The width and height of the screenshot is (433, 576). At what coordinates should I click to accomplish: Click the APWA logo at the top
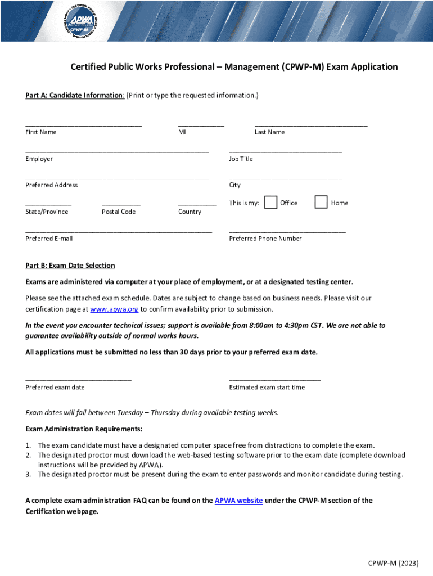(x=89, y=24)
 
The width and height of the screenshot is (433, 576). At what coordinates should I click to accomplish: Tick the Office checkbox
(x=270, y=202)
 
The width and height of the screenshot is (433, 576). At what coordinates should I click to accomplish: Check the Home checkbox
(x=321, y=202)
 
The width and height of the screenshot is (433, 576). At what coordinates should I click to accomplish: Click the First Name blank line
(x=83, y=125)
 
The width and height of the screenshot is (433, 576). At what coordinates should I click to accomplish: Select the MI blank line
(x=201, y=125)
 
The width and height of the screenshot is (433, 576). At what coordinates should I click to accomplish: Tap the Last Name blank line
(x=310, y=125)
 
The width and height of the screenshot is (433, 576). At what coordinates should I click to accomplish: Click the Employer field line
(x=117, y=151)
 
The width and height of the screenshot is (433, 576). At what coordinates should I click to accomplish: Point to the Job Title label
(x=241, y=159)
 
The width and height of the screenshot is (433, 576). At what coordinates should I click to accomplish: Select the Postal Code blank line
(x=121, y=205)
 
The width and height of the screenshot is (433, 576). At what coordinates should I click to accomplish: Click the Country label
(x=190, y=211)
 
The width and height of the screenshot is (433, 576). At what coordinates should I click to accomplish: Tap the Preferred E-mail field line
(x=118, y=231)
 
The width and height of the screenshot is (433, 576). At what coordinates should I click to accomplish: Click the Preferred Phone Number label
(x=265, y=238)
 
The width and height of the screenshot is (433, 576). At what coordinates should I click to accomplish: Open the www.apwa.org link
(x=114, y=309)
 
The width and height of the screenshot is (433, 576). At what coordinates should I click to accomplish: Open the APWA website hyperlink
(x=238, y=501)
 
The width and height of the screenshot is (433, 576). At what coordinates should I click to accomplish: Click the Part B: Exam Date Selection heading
(x=70, y=265)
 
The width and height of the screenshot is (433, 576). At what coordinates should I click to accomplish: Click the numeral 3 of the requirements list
(x=28, y=474)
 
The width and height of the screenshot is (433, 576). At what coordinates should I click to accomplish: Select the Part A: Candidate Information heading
(x=75, y=96)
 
